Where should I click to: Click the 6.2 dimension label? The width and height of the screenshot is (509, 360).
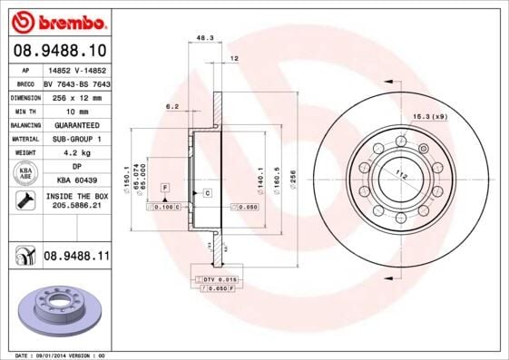tap(171, 106)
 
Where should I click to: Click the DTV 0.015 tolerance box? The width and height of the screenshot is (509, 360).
tap(218, 278)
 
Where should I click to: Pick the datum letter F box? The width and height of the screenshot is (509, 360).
tap(165, 187)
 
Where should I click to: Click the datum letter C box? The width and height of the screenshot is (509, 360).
tap(207, 193)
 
